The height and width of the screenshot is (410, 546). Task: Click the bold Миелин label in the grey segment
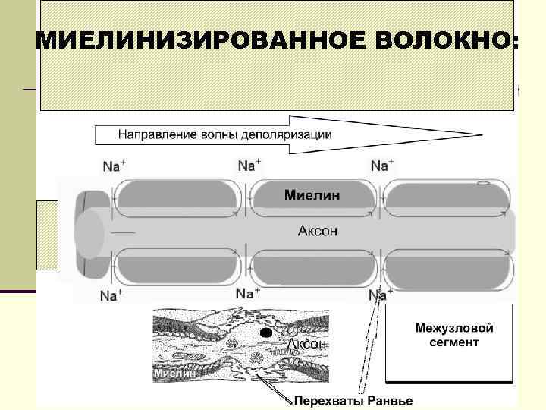[312, 195]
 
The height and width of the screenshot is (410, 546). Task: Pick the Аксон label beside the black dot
[306, 344]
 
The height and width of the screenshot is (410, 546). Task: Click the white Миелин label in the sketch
[177, 373]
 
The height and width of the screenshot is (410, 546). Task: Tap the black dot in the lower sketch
[266, 333]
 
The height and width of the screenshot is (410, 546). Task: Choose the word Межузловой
[454, 328]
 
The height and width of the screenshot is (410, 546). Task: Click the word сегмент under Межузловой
[454, 342]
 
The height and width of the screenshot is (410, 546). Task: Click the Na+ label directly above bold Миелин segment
[249, 165]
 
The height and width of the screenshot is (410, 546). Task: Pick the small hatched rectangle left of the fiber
[47, 235]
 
